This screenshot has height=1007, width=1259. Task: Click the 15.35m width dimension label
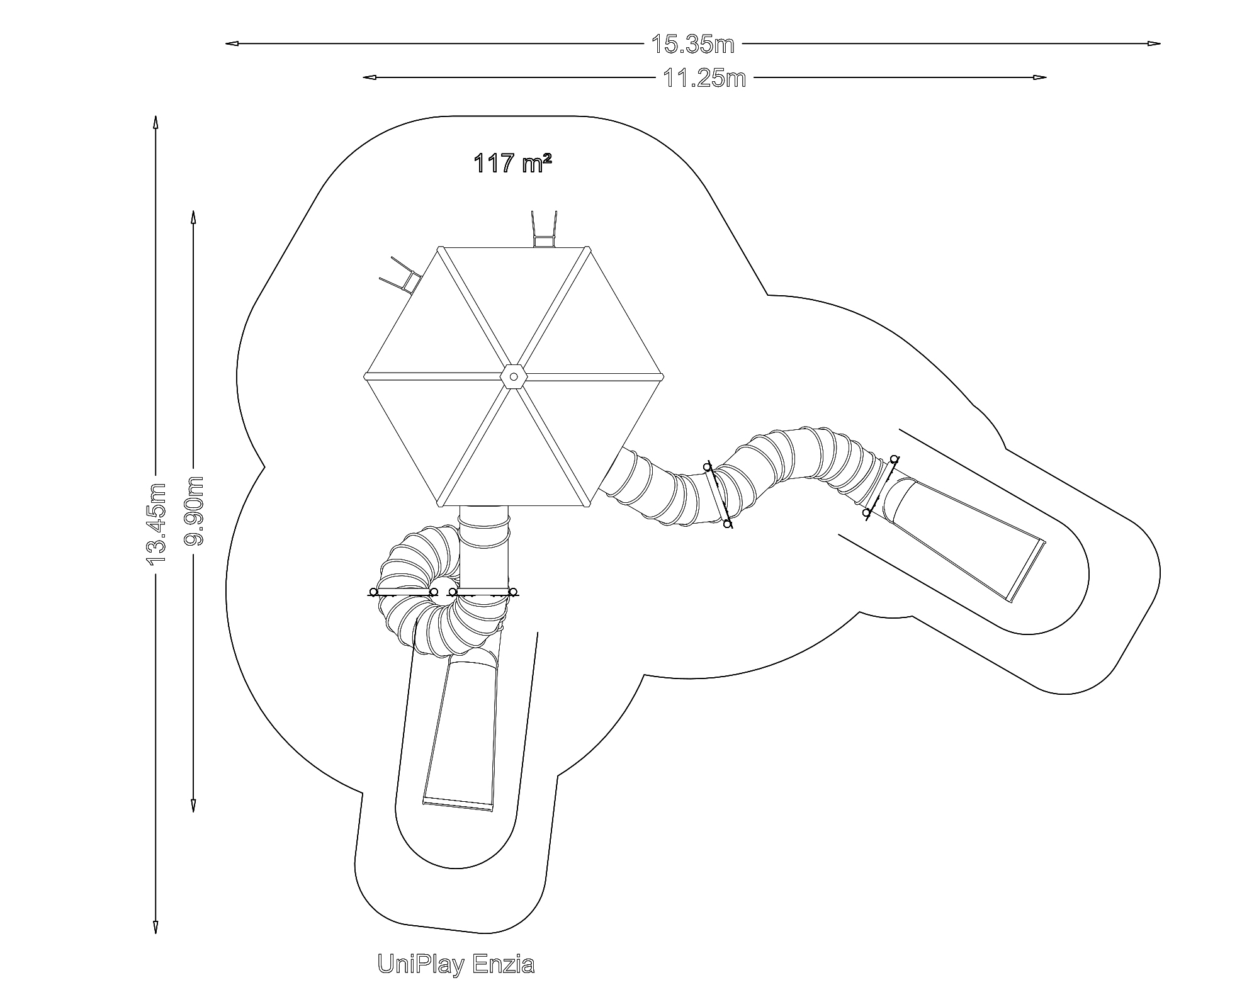tap(692, 44)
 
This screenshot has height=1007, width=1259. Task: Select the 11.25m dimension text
tap(704, 78)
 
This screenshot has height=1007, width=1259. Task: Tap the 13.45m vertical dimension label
tap(155, 524)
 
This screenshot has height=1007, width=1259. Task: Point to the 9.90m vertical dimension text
tap(194, 510)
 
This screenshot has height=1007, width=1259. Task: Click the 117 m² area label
tap(512, 164)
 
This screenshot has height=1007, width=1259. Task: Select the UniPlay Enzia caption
tap(456, 964)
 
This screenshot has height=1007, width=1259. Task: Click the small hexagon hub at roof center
tap(513, 376)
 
